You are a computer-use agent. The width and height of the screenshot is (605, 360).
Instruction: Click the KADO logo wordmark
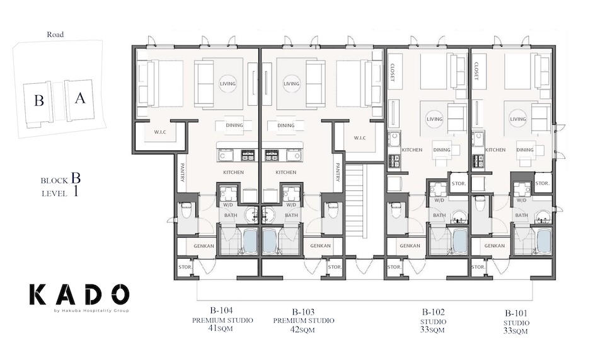coord(79,294)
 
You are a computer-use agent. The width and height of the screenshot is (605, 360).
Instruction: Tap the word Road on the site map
coord(55,35)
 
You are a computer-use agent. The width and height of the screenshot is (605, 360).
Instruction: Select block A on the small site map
coord(79,98)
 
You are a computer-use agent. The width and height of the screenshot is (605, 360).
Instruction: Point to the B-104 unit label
coord(222,311)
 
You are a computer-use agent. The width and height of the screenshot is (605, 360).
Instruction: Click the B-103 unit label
coord(304,311)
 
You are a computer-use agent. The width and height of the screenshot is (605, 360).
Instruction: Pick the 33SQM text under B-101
coord(516,330)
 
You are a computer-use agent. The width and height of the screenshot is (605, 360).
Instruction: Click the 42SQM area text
coord(304,329)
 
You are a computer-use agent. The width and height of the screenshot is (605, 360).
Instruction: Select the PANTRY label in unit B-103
coord(338,172)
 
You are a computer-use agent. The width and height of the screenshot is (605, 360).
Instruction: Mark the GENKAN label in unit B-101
coord(495,246)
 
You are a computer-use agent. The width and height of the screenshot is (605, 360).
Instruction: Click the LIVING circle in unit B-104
coord(228,84)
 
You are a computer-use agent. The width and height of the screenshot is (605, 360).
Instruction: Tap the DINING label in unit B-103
coord(286,125)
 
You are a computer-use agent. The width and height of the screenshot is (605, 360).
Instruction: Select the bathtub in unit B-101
coord(543,240)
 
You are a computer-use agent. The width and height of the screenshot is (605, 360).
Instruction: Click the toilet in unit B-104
coord(186,210)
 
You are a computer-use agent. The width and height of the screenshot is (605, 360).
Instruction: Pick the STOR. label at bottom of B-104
coord(185,267)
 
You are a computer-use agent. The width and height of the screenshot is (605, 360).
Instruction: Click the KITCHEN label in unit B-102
coord(412,150)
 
